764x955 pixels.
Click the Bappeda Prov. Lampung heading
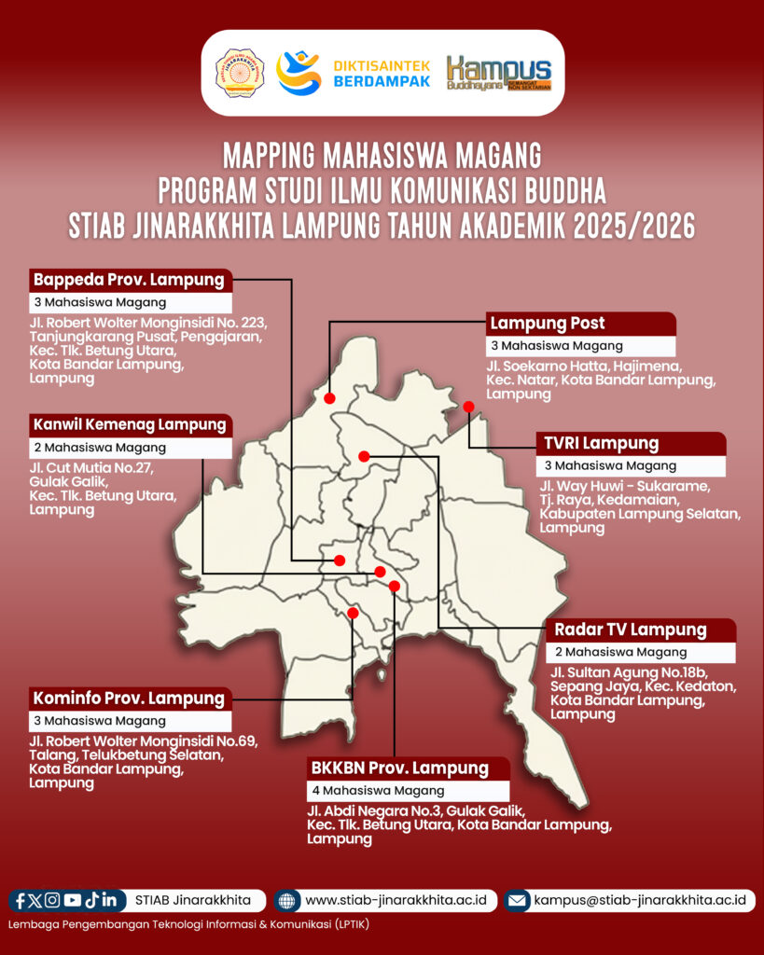tap(129, 279)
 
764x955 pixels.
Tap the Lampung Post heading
tap(548, 324)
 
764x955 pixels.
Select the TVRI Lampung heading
tap(598, 443)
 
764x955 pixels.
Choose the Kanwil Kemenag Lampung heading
tap(130, 424)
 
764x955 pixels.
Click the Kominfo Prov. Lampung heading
tap(129, 698)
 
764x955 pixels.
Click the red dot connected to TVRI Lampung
tap(468, 407)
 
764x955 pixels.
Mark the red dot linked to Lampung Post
tap(329, 399)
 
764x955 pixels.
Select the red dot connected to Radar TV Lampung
tap(365, 456)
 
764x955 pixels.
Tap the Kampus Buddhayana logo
tap(498, 74)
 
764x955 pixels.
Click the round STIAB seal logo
tap(240, 73)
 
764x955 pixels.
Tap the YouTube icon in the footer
tap(72, 900)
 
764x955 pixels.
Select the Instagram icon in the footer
tap(52, 900)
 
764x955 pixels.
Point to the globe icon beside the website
tap(287, 901)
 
